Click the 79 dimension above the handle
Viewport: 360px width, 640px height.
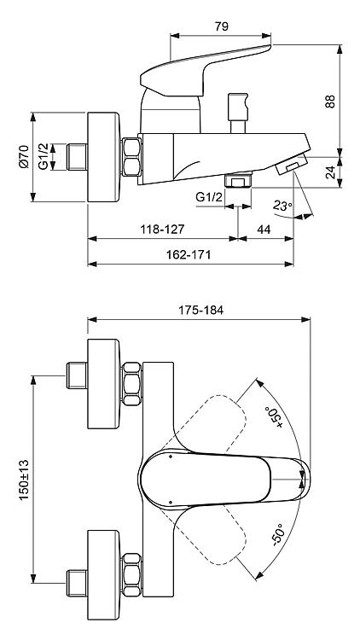tap(221, 27)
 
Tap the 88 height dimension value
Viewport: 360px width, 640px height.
tap(330, 102)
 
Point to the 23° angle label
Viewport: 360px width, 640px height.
tap(283, 206)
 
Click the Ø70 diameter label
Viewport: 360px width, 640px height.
tap(24, 157)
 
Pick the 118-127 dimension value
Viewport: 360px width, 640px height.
tap(162, 230)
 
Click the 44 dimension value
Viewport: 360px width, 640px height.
tap(264, 230)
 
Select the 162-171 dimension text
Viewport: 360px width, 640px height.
tap(189, 255)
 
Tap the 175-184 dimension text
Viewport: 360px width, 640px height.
tap(200, 311)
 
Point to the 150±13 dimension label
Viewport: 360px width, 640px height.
tap(24, 480)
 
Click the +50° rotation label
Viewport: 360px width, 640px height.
tap(275, 417)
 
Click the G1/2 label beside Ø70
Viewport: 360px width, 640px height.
tap(43, 157)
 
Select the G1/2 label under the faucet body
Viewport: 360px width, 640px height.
tap(209, 198)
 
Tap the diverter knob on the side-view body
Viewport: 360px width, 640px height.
tap(238, 113)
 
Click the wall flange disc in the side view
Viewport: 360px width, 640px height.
tap(104, 157)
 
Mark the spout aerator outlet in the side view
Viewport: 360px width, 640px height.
tap(291, 166)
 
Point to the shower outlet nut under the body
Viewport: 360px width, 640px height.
tap(238, 179)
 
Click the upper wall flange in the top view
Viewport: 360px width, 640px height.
tap(104, 384)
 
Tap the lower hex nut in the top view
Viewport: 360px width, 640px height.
tap(132, 575)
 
